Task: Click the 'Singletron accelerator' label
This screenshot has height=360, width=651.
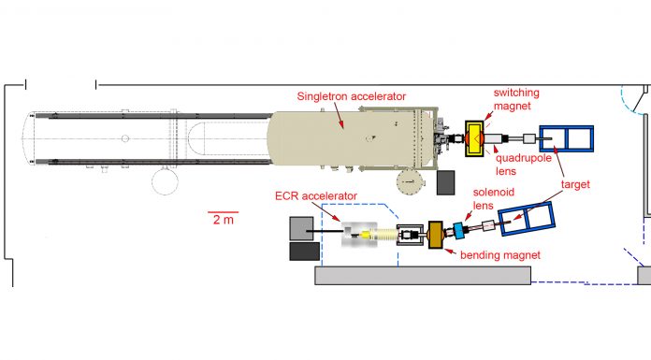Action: [x=352, y=96]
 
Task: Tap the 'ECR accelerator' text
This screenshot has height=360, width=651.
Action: [x=316, y=196]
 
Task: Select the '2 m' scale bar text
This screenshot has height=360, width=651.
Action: [x=224, y=220]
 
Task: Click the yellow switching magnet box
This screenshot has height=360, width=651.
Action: [x=474, y=138]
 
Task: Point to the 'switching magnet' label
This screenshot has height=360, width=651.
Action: [x=516, y=99]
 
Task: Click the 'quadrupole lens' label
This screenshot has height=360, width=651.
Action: [x=524, y=165]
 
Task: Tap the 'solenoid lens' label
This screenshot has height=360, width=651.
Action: [x=494, y=198]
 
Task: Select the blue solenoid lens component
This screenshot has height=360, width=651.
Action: [x=458, y=230]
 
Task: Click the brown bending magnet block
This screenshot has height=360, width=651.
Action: [x=436, y=235]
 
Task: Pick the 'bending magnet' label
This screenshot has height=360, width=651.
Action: [x=500, y=255]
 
